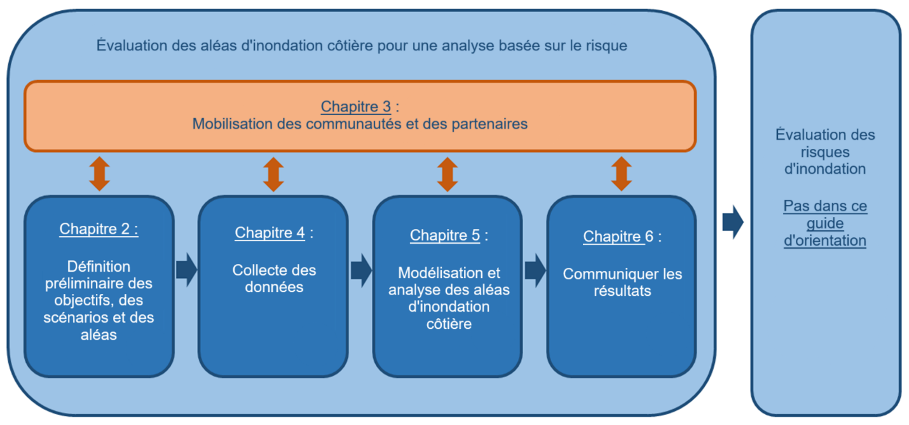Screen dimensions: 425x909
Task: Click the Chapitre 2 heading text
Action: [99, 229]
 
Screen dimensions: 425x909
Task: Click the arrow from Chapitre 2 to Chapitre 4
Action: [186, 270]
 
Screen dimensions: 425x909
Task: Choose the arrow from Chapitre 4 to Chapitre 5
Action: [361, 270]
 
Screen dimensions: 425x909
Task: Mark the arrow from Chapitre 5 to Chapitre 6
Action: [535, 270]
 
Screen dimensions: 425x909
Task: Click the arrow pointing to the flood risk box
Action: [733, 222]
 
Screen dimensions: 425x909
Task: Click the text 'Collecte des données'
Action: [274, 279]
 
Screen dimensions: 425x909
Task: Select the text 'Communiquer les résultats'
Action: [622, 282]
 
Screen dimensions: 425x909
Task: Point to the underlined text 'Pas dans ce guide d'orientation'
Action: [825, 224]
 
